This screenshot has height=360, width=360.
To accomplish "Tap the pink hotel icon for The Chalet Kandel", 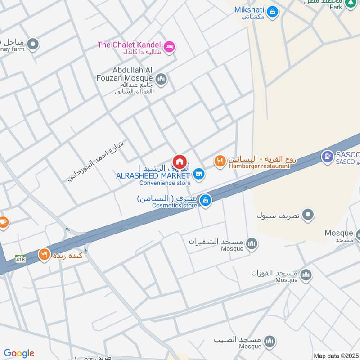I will (169, 46).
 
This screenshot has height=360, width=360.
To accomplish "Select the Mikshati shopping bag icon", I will (272, 11).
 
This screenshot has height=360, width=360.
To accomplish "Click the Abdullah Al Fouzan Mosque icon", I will (162, 80).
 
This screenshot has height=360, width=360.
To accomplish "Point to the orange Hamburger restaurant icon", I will (220, 161).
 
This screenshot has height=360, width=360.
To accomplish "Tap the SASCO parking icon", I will (327, 157).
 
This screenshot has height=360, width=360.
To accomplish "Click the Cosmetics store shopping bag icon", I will (205, 200).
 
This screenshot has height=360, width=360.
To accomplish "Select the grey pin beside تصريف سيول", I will (308, 215).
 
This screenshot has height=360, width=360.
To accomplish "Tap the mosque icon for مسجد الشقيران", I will (252, 243).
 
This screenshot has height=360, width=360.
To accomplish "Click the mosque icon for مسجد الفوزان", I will (306, 274).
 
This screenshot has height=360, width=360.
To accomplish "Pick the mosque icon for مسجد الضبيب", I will (270, 341).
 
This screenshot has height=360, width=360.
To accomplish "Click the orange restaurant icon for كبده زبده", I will (44, 255).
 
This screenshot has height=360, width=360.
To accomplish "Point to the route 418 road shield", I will (20, 259).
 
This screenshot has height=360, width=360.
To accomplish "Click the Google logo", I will (19, 353).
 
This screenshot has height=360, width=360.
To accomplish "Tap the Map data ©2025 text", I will (335, 355).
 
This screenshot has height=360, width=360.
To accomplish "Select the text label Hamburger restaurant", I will (259, 166).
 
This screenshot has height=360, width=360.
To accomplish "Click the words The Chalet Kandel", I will (130, 45).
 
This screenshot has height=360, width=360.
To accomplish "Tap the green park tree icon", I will (350, 4).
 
